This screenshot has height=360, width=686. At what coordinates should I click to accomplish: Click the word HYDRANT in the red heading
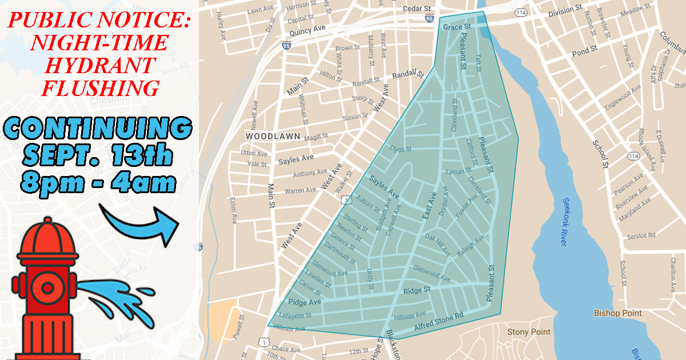pos(99,65)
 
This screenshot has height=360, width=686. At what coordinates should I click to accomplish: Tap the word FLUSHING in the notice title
pos(99,87)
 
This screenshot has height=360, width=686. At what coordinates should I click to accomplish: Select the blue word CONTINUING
pos(99,129)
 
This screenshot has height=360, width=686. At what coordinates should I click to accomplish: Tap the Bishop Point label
pos(617,313)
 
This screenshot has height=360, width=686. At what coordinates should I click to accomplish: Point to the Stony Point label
pos(529,332)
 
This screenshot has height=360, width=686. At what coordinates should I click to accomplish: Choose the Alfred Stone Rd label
pos(438,322)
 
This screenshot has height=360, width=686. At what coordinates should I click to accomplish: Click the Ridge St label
pos(417,291)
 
